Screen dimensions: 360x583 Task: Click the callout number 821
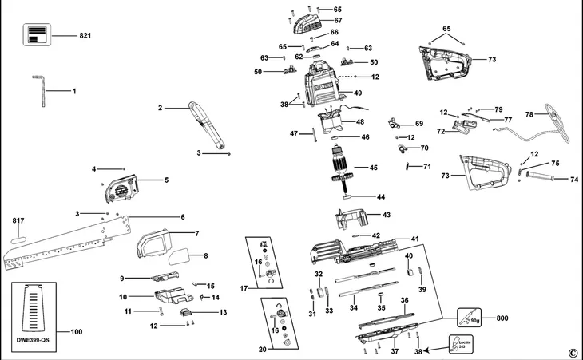87,37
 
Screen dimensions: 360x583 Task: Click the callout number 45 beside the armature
372,168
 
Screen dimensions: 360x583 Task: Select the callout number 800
502,318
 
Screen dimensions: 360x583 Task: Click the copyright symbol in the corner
572,353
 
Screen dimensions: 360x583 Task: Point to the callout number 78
529,114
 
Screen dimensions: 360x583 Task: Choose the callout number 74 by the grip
573,180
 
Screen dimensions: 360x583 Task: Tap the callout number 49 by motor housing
358,93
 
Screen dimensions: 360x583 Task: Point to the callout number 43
386,215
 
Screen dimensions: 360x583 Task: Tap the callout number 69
418,124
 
